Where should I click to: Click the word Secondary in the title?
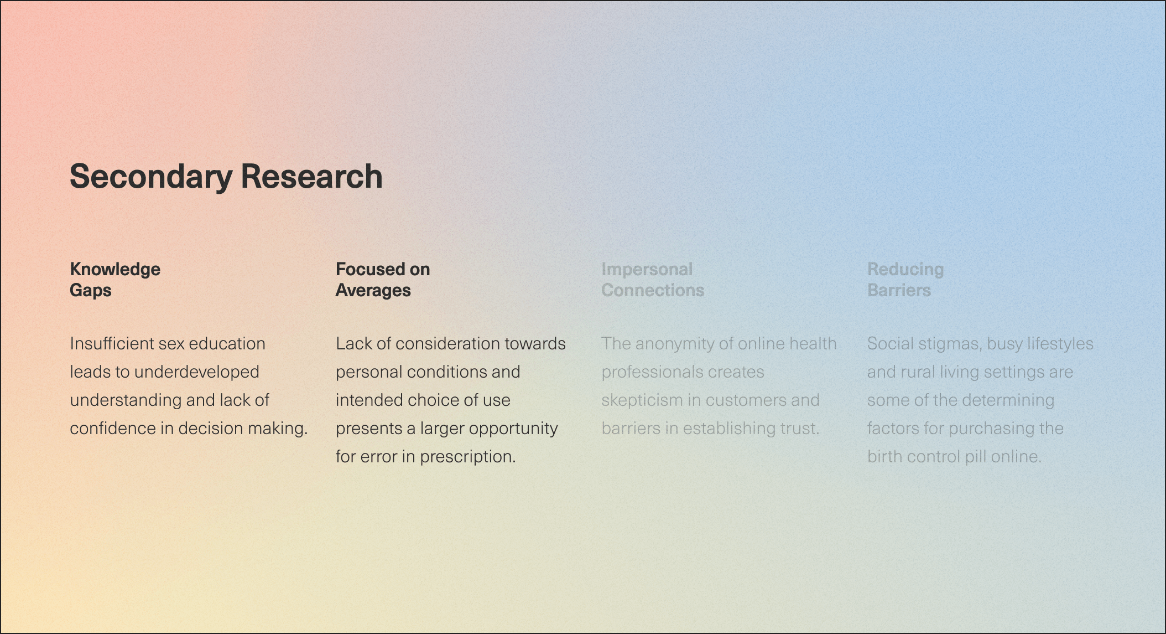coord(150,177)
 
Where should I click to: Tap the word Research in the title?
coord(311,177)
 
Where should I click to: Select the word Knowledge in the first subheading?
coord(115,269)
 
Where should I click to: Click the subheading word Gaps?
coord(91,290)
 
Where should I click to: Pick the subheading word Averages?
coord(373,290)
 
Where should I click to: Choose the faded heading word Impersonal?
coord(647,269)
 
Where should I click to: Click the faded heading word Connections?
coord(653,290)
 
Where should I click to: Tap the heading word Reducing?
coord(905,269)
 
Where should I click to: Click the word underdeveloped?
coord(197,372)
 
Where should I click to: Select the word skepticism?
coord(642,400)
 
